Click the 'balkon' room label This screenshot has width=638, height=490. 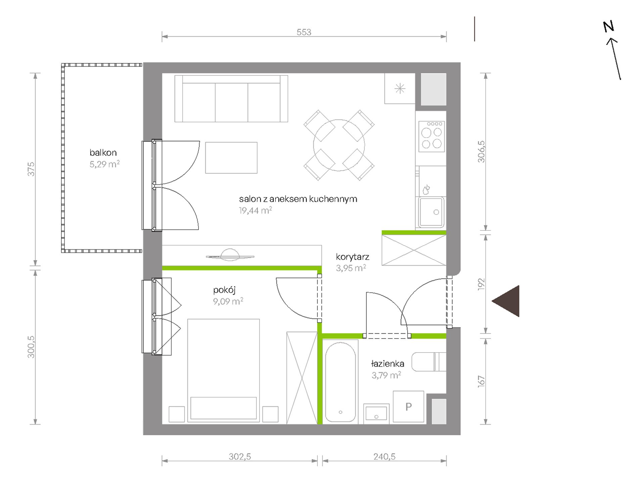103,152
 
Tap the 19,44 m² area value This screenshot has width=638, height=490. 255,211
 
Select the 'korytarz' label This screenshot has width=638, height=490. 353,257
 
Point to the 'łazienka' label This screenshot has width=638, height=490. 388,363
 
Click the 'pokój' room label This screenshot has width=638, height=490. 224,290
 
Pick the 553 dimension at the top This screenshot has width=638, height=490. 304,32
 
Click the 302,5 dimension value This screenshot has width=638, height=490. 240,457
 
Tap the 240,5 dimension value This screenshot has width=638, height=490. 384,457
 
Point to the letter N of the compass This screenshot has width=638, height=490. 608,26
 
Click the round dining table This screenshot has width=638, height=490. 339,145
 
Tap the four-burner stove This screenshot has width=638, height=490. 432,136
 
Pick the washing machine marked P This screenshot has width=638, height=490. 408,406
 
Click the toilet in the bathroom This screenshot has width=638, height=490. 429,362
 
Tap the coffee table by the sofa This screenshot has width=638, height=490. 231,158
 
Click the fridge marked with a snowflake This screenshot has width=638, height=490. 400,89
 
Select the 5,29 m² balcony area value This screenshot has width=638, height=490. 104,164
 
